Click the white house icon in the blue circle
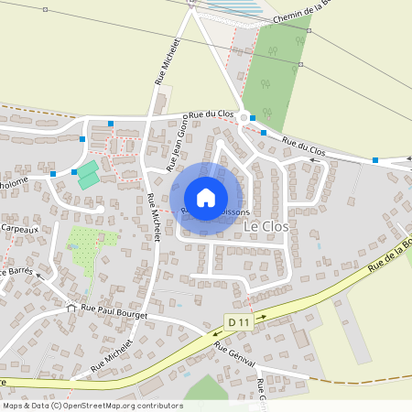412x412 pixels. pos(206,197)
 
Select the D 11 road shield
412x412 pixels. pos(238,321)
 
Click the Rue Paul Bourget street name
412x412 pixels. pos(114,309)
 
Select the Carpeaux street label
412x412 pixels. pos(18,227)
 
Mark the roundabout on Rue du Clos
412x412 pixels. pos(244,118)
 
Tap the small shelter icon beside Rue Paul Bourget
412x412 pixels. pos(71,308)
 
